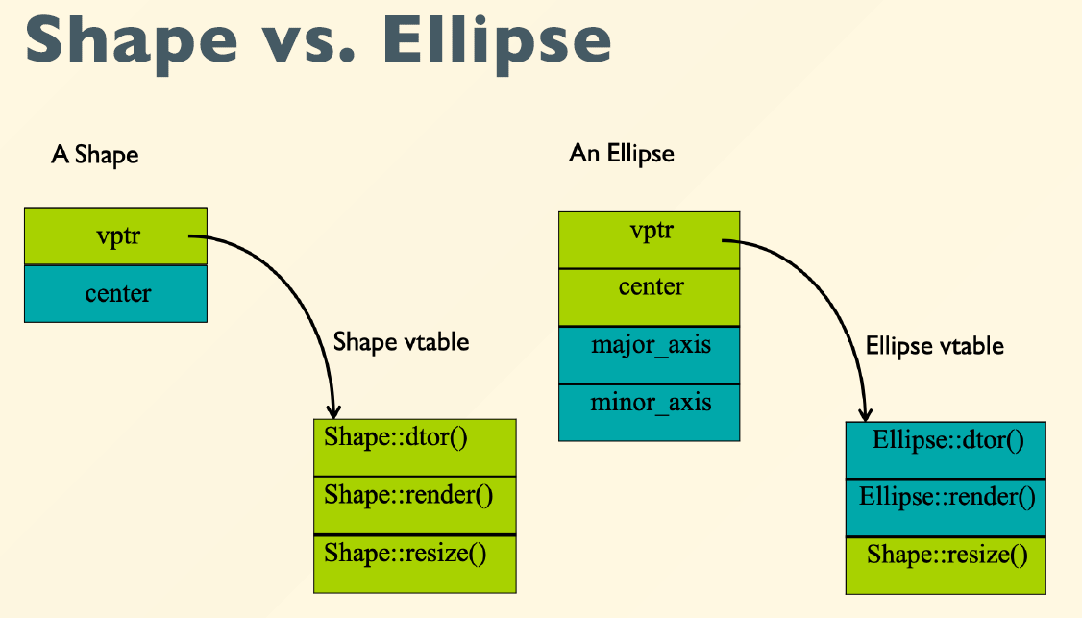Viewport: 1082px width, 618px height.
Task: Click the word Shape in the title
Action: [131, 42]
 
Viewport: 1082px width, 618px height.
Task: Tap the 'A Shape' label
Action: [94, 155]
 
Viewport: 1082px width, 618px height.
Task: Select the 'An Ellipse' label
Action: [621, 153]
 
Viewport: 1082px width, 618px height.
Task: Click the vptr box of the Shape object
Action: [115, 236]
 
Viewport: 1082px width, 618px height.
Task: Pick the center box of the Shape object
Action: [115, 293]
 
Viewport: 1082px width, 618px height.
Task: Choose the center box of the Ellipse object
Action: [649, 298]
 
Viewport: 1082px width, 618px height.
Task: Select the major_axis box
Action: [649, 355]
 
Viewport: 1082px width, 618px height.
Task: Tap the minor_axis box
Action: [649, 413]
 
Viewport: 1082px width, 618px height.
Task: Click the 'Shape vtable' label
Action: [401, 342]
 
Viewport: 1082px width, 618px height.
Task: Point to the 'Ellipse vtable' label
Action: [934, 346]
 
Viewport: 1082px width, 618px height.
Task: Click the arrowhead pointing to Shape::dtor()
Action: [334, 411]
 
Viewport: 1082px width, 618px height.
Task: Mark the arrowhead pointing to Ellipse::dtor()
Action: [866, 414]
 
